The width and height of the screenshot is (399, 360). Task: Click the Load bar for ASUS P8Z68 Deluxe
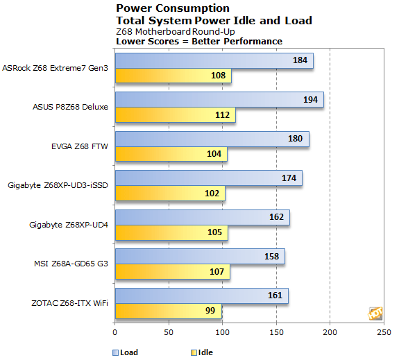[x=219, y=100]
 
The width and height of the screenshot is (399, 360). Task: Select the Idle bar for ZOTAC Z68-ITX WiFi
[x=168, y=311]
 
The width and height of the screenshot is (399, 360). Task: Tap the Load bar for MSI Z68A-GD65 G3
[x=200, y=257]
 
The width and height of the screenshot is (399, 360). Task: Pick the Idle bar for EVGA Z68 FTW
[x=171, y=154]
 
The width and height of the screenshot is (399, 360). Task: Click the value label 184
[x=300, y=61]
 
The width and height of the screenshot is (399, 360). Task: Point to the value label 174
[x=289, y=179]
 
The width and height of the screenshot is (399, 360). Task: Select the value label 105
[x=214, y=232]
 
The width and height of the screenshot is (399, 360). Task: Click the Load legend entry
[x=125, y=352]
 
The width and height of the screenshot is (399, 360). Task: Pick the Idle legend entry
[x=202, y=352]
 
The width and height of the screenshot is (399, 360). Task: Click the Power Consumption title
[x=172, y=8]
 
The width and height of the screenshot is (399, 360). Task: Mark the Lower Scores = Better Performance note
[x=198, y=41]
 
